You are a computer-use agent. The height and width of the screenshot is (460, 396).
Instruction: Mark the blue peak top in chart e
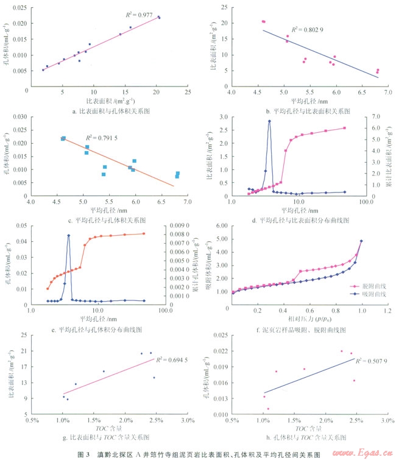pyautogui.click(x=69, y=235)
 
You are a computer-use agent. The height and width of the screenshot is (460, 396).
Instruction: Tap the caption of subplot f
pyautogui.click(x=303, y=330)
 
